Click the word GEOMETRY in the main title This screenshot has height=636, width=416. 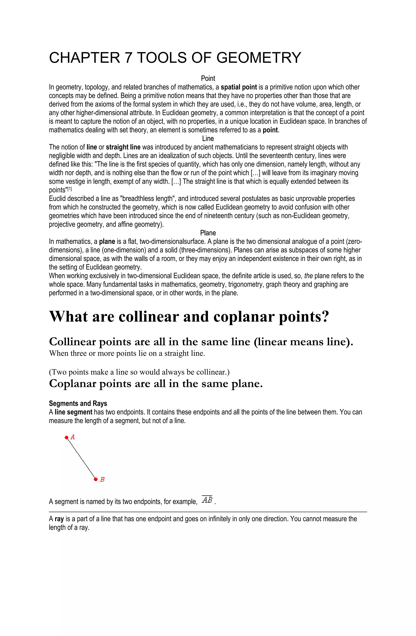click(259, 58)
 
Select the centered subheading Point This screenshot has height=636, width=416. click(208, 78)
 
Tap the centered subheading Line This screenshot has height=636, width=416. click(208, 138)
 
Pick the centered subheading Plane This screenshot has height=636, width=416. click(208, 233)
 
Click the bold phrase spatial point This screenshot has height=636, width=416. click(239, 87)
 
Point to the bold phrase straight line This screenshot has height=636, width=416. click(123, 147)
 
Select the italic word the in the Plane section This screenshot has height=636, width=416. click(309, 276)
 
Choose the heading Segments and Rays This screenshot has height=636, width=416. click(78, 403)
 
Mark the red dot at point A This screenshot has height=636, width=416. click(67, 437)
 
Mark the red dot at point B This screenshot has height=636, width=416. click(96, 479)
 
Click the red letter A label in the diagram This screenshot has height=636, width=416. click(73, 437)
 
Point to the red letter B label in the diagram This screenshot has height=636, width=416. click(102, 480)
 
